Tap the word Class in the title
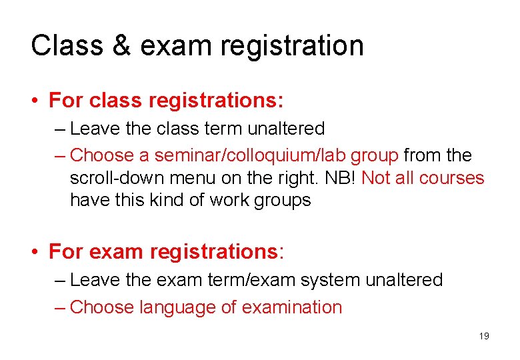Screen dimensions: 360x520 [67, 46]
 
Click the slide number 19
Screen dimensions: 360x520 [484, 336]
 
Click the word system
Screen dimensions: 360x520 [329, 280]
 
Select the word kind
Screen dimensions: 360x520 [181, 200]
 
